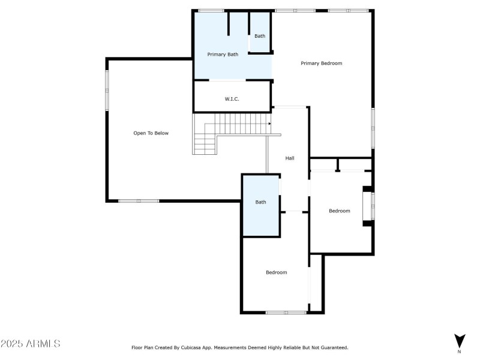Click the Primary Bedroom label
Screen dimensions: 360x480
(x=322, y=63)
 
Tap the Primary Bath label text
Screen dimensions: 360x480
(x=223, y=55)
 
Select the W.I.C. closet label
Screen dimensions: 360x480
(x=232, y=98)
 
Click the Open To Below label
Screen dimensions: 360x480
(x=151, y=133)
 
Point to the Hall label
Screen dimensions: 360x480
(x=290, y=158)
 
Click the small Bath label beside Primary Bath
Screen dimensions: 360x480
(x=260, y=36)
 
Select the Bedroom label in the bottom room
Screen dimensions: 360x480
(x=276, y=272)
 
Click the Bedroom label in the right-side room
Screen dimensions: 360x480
(x=339, y=211)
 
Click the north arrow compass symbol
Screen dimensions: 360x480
(x=460, y=340)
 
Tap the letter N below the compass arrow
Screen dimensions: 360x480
(x=460, y=352)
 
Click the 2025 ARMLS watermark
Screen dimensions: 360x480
(x=30, y=344)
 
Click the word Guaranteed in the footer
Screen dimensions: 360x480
(x=333, y=347)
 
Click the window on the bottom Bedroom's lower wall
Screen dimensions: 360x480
(x=286, y=312)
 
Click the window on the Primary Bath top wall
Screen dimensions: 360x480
(x=211, y=10)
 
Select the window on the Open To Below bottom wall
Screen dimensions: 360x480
(x=139, y=200)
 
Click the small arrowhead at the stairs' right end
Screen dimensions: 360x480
(x=270, y=124)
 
